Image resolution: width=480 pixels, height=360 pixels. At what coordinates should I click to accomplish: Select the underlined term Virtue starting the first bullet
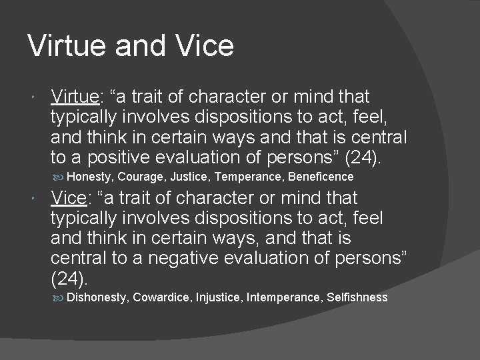click(75, 97)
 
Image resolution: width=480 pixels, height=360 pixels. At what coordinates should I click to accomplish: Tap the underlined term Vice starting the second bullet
click(69, 198)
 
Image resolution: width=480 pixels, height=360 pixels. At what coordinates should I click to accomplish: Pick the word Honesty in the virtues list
click(90, 177)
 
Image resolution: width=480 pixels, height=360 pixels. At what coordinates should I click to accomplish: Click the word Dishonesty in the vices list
click(97, 297)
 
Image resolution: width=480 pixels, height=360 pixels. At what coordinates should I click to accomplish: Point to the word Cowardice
click(162, 297)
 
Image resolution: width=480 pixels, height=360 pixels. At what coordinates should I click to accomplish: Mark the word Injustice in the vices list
click(219, 297)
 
